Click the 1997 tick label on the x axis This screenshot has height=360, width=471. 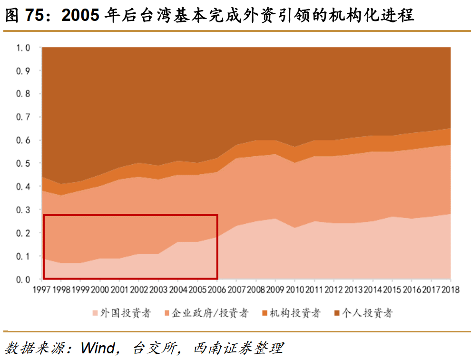tap(42, 290)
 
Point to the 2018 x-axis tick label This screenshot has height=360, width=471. tap(450, 290)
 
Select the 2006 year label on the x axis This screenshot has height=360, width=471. tap(217, 290)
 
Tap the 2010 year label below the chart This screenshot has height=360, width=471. tap(294, 290)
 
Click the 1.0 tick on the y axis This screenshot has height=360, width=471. tap(24, 48)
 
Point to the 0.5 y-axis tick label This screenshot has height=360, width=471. tap(24, 163)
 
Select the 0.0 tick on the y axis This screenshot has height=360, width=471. tap(24, 279)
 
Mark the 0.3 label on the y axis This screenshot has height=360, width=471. tap(24, 210)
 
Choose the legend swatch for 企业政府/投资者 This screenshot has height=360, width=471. tap(167, 313)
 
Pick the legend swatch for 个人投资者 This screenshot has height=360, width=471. tap(337, 313)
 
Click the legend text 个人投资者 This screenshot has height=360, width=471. tap(368, 313)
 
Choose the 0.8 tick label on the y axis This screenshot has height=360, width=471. tap(24, 94)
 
